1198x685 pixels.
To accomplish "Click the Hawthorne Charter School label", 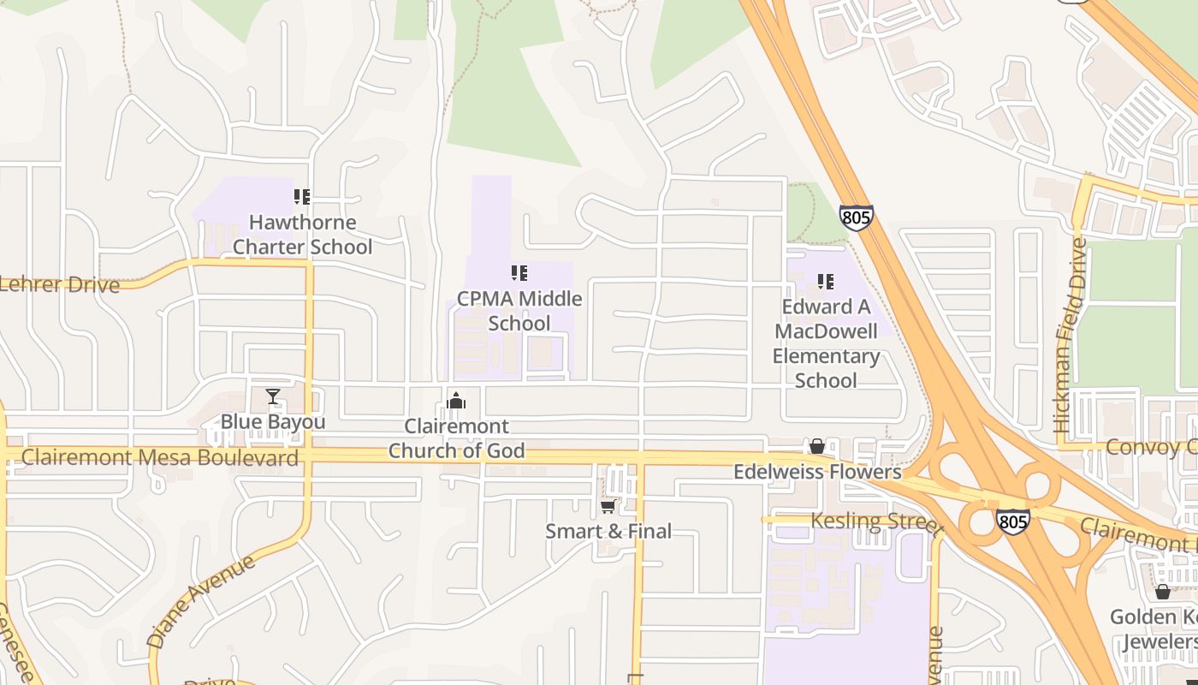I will (x=302, y=235).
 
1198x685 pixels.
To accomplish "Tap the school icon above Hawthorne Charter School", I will (x=301, y=197).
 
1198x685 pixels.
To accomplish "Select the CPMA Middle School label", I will (x=519, y=311).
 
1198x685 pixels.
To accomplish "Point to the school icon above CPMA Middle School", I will (x=519, y=273).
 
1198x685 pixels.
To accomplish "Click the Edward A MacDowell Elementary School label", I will (x=826, y=343).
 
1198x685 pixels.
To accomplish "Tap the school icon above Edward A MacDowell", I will (x=826, y=281).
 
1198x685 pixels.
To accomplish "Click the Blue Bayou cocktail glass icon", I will (x=273, y=396).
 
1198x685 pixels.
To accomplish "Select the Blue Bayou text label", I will (x=273, y=422).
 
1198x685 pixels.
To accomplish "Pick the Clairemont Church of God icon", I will (x=456, y=401).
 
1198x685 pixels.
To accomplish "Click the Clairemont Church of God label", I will (x=456, y=438).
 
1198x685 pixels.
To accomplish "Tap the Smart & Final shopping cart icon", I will (x=608, y=506).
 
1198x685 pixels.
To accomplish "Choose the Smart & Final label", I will (x=608, y=532).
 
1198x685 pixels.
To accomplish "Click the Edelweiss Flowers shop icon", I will (x=817, y=446).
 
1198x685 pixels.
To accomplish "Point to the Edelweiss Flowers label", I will (x=817, y=472).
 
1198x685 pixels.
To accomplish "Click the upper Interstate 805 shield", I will (x=856, y=217).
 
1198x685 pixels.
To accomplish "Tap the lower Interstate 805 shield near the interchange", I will (x=1012, y=521).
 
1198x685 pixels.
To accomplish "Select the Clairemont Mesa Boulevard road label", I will (x=160, y=457).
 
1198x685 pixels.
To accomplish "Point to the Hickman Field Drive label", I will (x=1070, y=334).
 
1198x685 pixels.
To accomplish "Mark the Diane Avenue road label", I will (x=200, y=600).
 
